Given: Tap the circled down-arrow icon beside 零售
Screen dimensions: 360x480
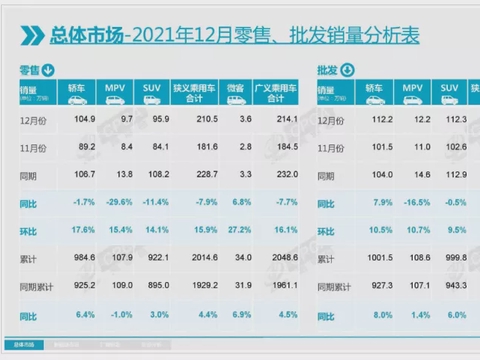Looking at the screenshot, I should point(49,69).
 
